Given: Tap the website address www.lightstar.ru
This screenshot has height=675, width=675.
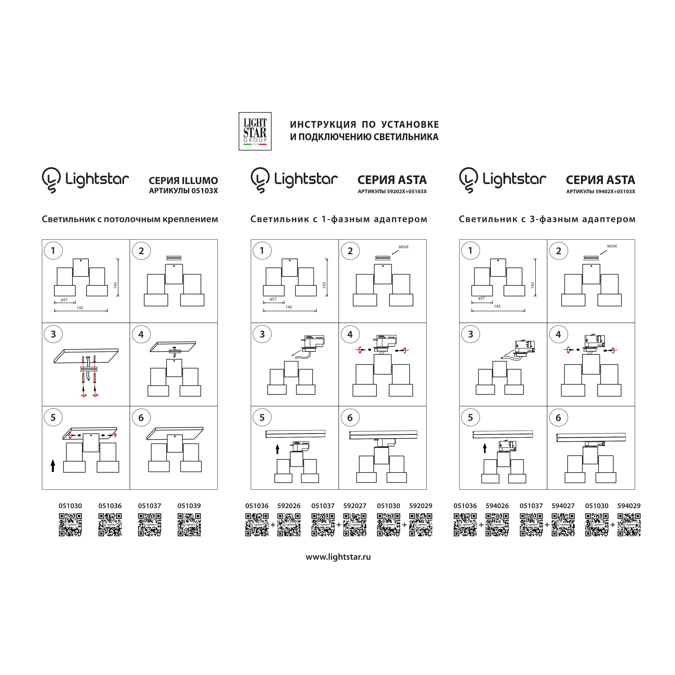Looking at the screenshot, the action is point(338,557).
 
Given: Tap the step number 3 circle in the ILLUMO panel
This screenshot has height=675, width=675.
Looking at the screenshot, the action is point(53,334).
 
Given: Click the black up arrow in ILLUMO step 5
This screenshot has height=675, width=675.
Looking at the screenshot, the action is point(53,465).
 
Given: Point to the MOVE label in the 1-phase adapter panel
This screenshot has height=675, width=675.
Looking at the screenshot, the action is point(404,247).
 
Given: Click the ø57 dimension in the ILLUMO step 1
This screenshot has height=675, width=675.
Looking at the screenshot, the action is point(64,300).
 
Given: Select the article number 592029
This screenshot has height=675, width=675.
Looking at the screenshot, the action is point(421,506).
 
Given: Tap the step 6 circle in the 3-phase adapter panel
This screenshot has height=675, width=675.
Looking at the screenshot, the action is point(558,417).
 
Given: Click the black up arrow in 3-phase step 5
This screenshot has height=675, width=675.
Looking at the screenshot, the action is point(485,448).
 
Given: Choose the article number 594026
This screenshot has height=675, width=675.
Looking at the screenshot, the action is point(497,506).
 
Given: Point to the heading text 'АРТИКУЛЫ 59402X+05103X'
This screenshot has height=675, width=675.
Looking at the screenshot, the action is point(601,191).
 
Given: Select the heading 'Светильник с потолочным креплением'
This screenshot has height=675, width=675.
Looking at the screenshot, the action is point(130,219).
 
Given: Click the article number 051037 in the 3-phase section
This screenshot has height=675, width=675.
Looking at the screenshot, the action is point(531,506).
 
